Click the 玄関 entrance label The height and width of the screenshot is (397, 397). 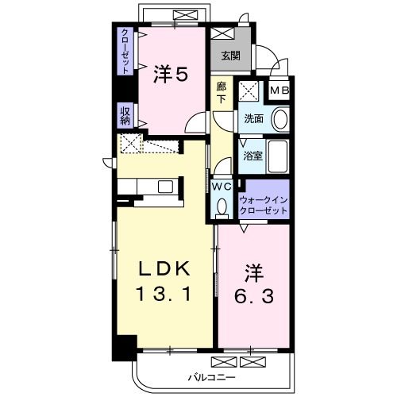[x=231, y=56]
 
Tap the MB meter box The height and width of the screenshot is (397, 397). [x=279, y=91]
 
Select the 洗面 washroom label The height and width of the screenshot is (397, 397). [x=253, y=119]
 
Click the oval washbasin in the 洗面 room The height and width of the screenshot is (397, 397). [x=280, y=119]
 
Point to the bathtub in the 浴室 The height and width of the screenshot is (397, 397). [x=278, y=156]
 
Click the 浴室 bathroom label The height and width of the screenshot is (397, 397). [x=253, y=156]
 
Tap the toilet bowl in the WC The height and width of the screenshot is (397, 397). [x=222, y=206]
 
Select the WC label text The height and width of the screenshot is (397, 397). [x=222, y=187]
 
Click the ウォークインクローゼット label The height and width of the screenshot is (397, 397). [x=263, y=205]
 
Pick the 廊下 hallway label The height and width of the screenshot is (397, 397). [x=222, y=92]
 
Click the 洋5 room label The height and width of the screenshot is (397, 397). [x=171, y=74]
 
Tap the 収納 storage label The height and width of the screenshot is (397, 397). [x=125, y=116]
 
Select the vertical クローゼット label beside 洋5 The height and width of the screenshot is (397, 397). [x=125, y=51]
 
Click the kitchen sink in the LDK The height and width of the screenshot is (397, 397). [x=165, y=187]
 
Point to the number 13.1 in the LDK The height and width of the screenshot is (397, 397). [x=164, y=294]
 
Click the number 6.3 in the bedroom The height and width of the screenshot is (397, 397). [x=254, y=297]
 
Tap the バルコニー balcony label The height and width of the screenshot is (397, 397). [x=211, y=377]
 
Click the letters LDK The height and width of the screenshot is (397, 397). [x=164, y=269]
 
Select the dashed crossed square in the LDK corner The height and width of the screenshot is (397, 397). [x=130, y=144]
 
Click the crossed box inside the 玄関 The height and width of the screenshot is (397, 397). [x=222, y=33]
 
